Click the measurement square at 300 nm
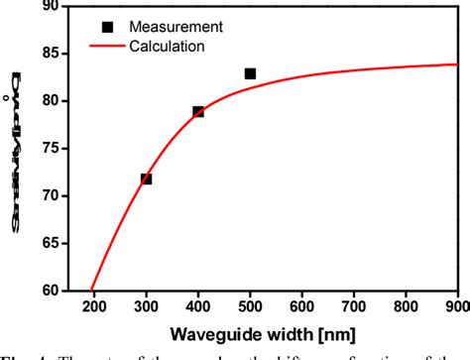point(147,179)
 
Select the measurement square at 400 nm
point(198,111)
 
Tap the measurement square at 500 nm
point(250,73)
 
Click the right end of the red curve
point(457,63)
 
